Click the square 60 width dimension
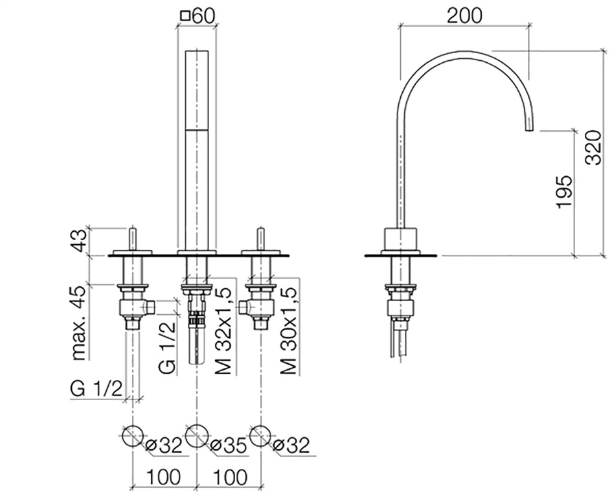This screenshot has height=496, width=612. tap(198, 16)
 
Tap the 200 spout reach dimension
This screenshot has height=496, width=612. tap(464, 16)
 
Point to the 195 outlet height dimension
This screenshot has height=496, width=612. tap(565, 192)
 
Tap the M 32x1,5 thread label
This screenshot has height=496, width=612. tap(223, 331)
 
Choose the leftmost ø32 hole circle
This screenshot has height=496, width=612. tap(133, 436)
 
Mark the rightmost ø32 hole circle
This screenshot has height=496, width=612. tap(260, 436)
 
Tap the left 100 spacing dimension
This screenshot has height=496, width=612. tap(164, 477)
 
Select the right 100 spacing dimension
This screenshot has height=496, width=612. tap(229, 477)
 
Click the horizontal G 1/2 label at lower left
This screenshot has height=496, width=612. tap(96, 389)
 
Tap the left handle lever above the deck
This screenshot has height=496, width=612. tap(133, 239)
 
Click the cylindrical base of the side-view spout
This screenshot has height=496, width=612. tap(402, 238)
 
